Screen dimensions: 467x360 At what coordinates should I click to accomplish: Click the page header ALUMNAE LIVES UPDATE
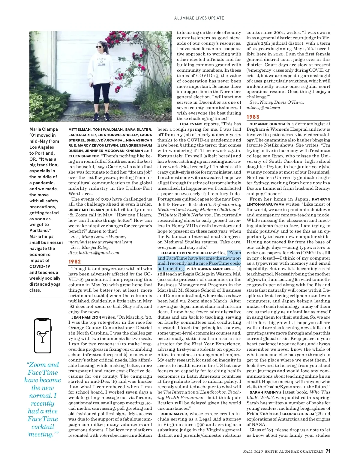click(199, 18)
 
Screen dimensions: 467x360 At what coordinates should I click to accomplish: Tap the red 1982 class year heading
click(75, 262)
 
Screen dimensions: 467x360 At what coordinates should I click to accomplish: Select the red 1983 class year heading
click(253, 117)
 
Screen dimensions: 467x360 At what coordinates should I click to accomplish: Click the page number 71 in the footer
click(328, 451)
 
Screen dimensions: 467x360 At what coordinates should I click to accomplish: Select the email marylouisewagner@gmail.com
click(100, 242)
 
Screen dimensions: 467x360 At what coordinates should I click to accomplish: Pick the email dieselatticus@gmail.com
click(94, 253)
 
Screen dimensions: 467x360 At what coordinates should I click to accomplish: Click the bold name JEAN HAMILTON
click(86, 317)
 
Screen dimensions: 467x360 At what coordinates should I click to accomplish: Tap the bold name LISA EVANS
click(191, 124)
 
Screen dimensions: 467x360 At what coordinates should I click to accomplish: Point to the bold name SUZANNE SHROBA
click(267, 124)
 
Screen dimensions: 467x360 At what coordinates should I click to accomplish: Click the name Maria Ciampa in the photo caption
click(43, 129)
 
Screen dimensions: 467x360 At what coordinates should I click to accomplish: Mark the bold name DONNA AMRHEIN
click(214, 269)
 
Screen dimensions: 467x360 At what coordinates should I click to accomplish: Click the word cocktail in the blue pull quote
click(43, 427)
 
